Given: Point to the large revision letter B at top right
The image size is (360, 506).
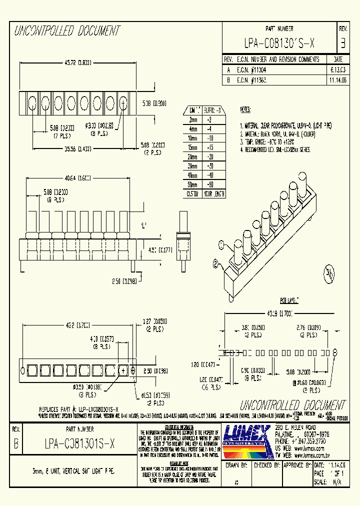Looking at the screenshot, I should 343,43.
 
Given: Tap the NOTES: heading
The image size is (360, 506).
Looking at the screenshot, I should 245,109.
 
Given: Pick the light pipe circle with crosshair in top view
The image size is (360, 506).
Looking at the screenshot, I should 123,103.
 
